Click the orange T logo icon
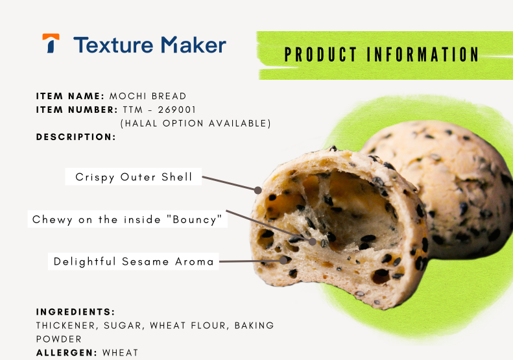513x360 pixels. [51, 43]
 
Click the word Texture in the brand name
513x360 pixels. [113, 45]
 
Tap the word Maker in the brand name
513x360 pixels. [194, 45]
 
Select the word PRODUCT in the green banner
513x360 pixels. [320, 54]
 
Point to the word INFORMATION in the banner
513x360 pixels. [423, 54]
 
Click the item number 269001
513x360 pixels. [176, 110]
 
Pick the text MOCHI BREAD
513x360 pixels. [148, 96]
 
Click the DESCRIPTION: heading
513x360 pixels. [76, 137]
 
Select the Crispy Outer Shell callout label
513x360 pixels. [134, 176]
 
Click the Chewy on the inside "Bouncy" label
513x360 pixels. [127, 219]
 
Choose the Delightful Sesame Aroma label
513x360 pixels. [134, 261]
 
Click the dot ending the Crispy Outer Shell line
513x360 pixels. [258, 190]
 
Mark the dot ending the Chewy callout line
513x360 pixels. [313, 241]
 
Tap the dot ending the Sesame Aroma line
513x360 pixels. [283, 260]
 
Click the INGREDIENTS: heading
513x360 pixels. [76, 312]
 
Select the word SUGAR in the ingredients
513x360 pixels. [123, 326]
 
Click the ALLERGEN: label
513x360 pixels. [67, 353]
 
